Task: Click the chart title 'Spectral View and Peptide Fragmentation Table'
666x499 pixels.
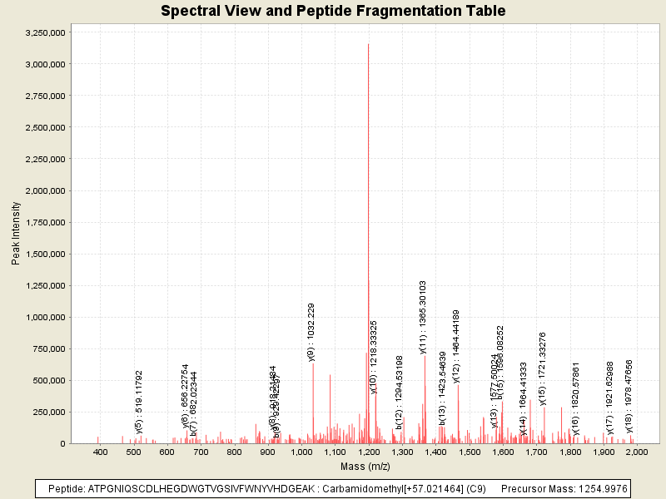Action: tap(333, 11)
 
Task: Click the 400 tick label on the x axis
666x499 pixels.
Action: tap(101, 452)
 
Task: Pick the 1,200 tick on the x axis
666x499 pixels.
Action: tap(368, 452)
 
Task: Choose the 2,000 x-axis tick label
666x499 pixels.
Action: tap(637, 452)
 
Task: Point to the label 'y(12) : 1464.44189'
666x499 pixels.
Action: tap(456, 346)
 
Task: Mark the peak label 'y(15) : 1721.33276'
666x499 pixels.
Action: tap(543, 368)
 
